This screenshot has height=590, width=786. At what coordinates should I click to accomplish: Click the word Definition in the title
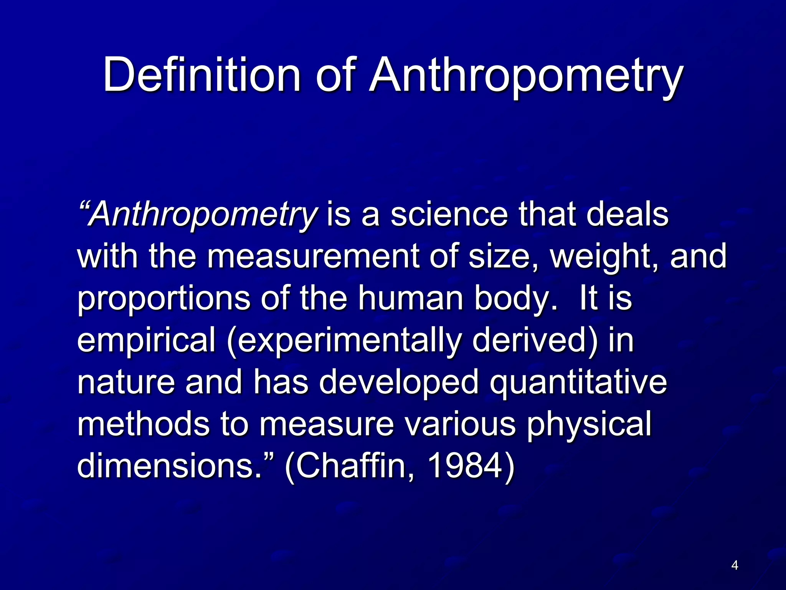click(x=202, y=75)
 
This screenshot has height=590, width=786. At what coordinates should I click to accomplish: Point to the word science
click(x=449, y=214)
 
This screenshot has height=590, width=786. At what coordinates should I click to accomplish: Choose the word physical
click(x=589, y=426)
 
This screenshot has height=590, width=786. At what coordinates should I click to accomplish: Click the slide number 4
click(x=735, y=565)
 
